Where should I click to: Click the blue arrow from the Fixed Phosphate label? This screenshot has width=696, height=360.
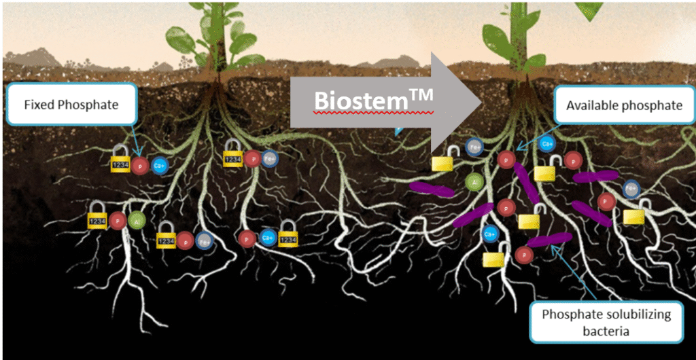pos(135,143)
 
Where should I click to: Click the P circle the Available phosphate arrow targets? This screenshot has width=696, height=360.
pos(505,160)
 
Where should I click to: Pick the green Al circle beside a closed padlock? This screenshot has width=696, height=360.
pos(135,221)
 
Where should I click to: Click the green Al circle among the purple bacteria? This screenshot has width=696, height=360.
pos(474,181)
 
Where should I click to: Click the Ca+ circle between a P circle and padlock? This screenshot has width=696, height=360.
pos(267,238)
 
